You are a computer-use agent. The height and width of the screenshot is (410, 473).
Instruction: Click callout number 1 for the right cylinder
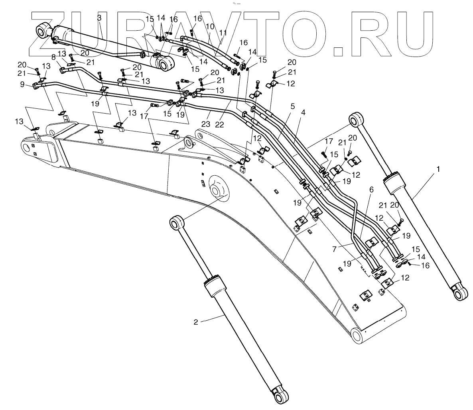[438, 169]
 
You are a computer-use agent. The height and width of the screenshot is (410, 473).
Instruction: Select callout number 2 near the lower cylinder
[196, 322]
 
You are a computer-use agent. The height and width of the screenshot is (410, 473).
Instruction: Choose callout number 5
[292, 106]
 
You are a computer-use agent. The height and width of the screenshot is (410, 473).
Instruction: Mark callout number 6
[371, 190]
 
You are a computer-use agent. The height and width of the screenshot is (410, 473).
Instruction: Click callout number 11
[223, 33]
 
